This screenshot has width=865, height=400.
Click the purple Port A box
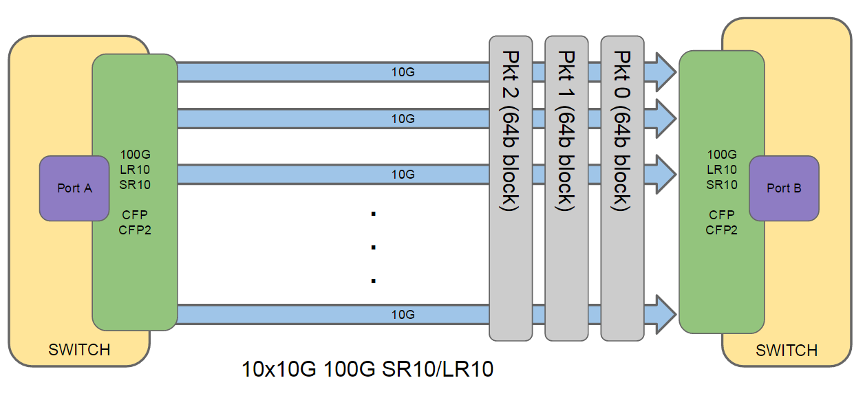[x=74, y=188]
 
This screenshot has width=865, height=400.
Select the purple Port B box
[x=784, y=188]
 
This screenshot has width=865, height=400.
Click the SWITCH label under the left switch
[x=79, y=350]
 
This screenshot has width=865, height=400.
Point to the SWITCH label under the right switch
[x=787, y=351]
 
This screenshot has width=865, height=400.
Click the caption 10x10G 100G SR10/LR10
[x=368, y=370]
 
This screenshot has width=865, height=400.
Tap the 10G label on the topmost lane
[x=403, y=71]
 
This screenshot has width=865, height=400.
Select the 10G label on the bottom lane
[x=403, y=315]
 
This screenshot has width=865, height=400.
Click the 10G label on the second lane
[x=403, y=118]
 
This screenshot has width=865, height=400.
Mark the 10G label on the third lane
[x=403, y=175]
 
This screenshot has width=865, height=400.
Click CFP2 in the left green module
[x=135, y=230]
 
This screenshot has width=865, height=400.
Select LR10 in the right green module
[x=722, y=169]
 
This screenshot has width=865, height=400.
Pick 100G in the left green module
[x=135, y=154]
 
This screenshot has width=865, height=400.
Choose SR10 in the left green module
[x=135, y=184]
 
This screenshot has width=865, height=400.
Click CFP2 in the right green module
[x=722, y=230]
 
